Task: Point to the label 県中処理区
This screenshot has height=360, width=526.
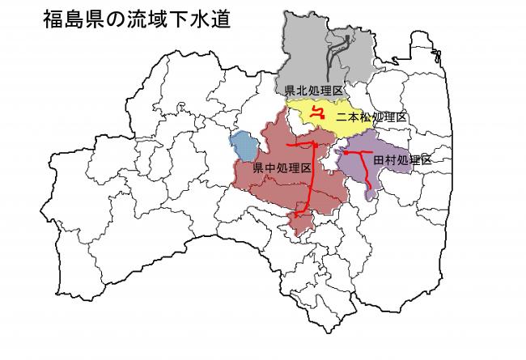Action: (282, 168)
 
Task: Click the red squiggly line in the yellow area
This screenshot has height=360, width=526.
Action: (318, 113)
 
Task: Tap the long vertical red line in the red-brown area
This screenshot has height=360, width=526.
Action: (312, 178)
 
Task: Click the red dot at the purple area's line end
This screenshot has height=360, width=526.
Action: (346, 151)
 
